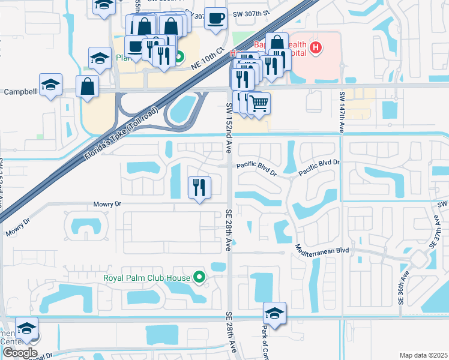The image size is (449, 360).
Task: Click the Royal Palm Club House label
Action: (x=146, y=277)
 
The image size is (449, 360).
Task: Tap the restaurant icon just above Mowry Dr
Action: (x=199, y=187)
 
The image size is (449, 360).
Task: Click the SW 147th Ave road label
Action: (x=342, y=112)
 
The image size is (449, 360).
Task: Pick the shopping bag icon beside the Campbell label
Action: (x=87, y=86)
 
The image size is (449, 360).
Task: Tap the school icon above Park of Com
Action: (x=274, y=314)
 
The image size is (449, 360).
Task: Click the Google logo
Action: (x=19, y=353)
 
